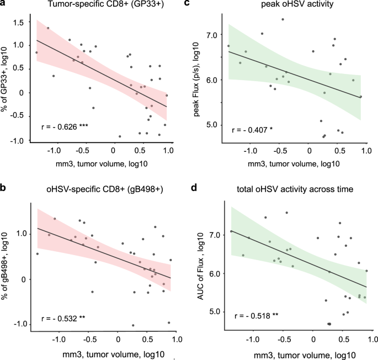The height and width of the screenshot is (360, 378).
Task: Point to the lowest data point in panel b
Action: [x=133, y=325]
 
